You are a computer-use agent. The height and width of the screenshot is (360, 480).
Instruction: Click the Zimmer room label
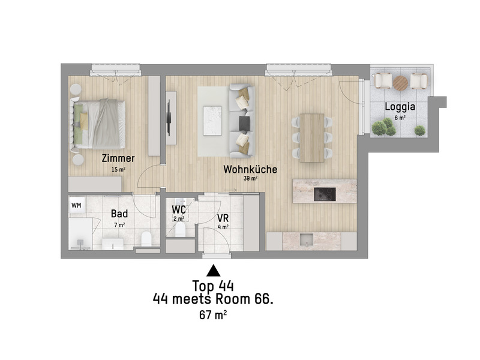click(x=118, y=158)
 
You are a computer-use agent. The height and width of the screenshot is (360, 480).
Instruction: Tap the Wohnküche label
click(x=250, y=169)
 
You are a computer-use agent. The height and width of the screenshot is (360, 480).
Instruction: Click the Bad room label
click(x=119, y=213)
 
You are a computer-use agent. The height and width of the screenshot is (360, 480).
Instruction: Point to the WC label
click(x=178, y=210)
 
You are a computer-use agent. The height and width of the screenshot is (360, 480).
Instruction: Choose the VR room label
click(x=223, y=217)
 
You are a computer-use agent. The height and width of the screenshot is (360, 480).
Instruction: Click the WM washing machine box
click(x=76, y=205)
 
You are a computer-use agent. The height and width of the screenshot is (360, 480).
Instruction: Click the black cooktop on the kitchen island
click(x=325, y=193)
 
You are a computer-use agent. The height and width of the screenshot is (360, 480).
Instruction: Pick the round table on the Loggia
click(x=401, y=82)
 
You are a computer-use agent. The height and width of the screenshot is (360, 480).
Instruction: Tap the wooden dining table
click(x=312, y=137)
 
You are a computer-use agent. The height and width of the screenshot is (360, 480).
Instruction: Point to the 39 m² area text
click(x=250, y=179)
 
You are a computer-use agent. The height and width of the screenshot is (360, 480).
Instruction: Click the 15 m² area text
click(x=118, y=169)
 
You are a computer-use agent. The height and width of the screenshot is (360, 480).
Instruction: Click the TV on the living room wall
click(x=170, y=116)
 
